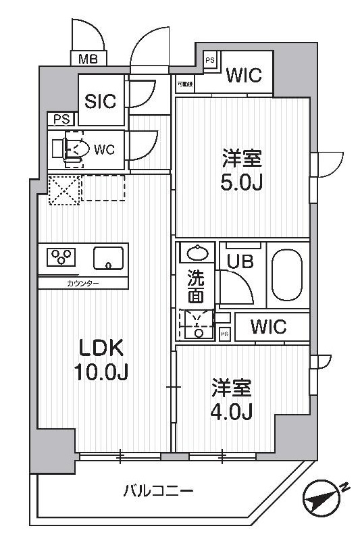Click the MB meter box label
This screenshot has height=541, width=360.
coord(88,59)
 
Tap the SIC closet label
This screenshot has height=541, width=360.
coord(101,101)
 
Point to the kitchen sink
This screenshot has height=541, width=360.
coord(108,258)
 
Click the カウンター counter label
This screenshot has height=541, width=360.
coord(83,283)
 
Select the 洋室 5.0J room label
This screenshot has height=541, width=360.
coord(242,172)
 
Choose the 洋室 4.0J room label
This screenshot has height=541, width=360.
coord(232,400)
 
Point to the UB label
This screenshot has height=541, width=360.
coord(240,261)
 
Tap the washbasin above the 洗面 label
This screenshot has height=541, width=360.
coord(197,253)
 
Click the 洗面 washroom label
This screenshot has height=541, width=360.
coord(196,286)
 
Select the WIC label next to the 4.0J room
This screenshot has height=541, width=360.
coord(268,328)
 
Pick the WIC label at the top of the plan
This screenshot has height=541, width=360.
coord(244,75)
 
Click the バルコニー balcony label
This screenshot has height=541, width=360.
coord(158,490)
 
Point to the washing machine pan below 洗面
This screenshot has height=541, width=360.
coord(197,324)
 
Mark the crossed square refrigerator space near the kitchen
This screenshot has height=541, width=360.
coord(64,190)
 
